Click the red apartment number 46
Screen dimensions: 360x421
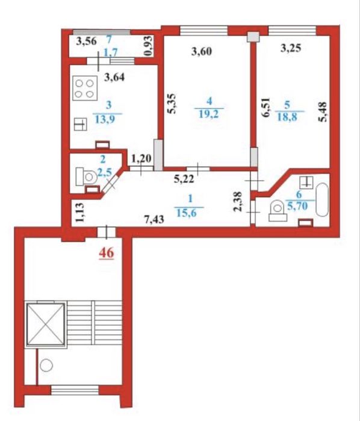(107, 253)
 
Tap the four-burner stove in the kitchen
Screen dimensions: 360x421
(85, 89)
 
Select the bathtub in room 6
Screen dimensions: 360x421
(322, 199)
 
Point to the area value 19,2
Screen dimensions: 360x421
(209, 114)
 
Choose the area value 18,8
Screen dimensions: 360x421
(287, 117)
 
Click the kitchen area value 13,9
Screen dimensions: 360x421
(105, 119)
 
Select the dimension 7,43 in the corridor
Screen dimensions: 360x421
(154, 220)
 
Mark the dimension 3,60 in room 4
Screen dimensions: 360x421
(202, 51)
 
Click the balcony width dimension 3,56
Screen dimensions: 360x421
(86, 42)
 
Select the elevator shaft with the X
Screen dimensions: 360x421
(46, 325)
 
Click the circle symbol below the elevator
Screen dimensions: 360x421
(46, 365)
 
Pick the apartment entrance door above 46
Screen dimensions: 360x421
(107, 232)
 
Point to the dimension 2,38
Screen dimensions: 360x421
(238, 202)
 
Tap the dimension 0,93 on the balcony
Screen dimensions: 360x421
(149, 46)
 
